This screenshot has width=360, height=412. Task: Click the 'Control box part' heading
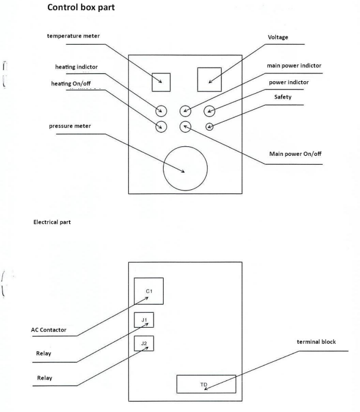click(x=84, y=10)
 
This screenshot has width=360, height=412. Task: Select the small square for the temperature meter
click(x=161, y=82)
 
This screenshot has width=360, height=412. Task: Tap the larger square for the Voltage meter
click(x=209, y=79)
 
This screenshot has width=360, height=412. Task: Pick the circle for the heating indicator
click(x=161, y=110)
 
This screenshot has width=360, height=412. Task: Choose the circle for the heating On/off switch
click(x=161, y=126)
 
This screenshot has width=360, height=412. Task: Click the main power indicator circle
click(x=185, y=110)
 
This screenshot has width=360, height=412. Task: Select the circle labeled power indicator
click(x=210, y=110)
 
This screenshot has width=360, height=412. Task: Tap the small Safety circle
click(x=210, y=126)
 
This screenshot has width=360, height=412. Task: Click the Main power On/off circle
click(x=185, y=126)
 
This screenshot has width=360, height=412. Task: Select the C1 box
click(x=149, y=291)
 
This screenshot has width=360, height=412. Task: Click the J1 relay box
click(x=144, y=320)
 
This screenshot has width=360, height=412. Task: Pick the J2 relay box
click(x=144, y=343)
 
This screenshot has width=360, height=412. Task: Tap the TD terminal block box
click(x=206, y=383)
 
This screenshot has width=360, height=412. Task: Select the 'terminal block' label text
click(x=316, y=342)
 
